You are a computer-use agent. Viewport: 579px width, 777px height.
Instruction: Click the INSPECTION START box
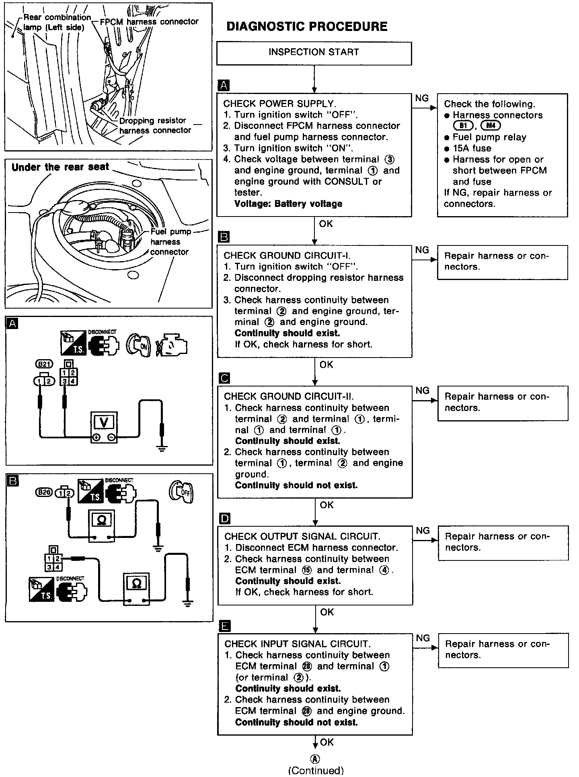click(314, 53)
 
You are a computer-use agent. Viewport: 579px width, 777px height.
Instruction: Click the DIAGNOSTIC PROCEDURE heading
click(307, 27)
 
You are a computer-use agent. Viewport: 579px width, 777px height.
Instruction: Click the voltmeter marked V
click(104, 423)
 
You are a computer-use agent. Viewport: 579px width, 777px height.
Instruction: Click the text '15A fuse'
click(472, 148)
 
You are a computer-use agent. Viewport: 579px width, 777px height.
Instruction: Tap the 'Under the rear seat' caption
click(60, 167)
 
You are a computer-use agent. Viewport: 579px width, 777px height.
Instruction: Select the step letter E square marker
click(225, 626)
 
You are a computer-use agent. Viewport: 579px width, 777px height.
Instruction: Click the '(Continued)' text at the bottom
click(316, 771)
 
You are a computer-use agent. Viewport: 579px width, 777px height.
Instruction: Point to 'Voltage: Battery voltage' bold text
click(288, 204)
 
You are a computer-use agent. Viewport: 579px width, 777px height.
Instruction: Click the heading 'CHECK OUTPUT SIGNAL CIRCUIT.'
click(302, 536)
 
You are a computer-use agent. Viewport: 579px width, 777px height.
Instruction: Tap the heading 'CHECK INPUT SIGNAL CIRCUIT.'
click(298, 644)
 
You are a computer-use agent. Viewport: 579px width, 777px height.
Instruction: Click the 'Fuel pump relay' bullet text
click(489, 137)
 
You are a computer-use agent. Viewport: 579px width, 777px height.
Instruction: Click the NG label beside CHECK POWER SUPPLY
click(421, 98)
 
